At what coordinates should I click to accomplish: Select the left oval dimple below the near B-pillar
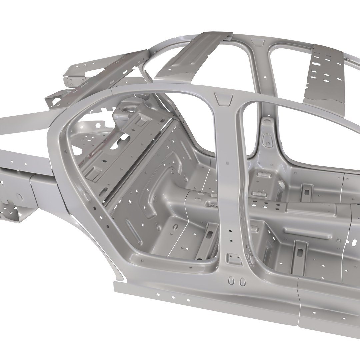(x=231, y=281)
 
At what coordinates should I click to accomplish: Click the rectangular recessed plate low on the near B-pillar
(x=234, y=259)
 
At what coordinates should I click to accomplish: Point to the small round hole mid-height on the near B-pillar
(x=228, y=163)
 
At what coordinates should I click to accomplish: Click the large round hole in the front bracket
(x=20, y=197)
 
